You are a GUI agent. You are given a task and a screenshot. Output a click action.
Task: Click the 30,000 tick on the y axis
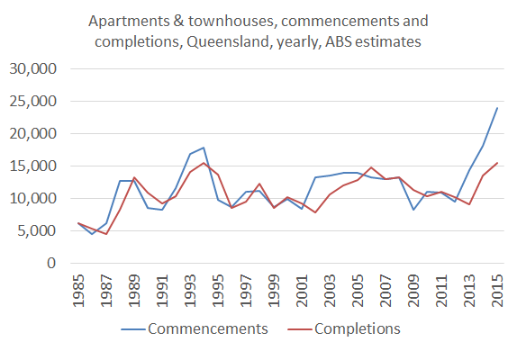pos(33,69)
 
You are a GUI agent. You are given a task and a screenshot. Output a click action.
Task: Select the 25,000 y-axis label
pos(33,102)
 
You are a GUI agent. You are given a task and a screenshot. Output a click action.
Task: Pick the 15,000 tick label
pos(33,166)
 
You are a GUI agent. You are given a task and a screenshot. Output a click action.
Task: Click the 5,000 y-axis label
pos(37,231)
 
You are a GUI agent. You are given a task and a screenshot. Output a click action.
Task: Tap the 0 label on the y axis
pos(52,264)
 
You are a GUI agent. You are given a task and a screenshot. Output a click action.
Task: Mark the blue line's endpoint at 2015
pos(497,108)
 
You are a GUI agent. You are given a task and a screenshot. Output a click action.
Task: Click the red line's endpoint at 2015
pos(497,163)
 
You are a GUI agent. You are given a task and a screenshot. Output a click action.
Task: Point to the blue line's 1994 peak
pos(204,148)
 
